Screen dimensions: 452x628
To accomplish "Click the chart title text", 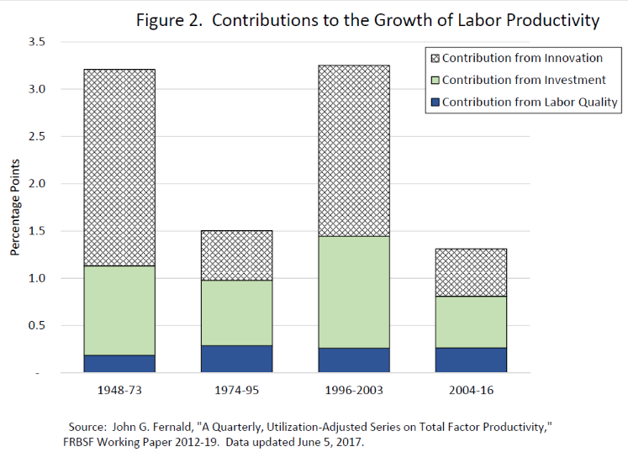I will pyautogui.click(x=367, y=20).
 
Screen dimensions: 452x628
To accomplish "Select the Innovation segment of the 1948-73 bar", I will pyautogui.click(x=119, y=167).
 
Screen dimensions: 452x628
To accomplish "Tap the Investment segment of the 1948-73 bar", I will pyautogui.click(x=119, y=310).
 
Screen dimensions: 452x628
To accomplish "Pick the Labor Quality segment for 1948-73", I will pyautogui.click(x=119, y=364).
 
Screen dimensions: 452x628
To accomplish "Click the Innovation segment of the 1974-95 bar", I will pyautogui.click(x=236, y=255).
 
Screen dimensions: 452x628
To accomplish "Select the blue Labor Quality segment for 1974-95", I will pyautogui.click(x=236, y=359).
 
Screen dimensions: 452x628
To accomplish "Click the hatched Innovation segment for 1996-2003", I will pyautogui.click(x=354, y=150).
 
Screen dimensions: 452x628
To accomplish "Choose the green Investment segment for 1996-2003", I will pyautogui.click(x=354, y=292).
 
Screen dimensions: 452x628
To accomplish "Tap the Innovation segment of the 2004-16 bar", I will pyautogui.click(x=471, y=272).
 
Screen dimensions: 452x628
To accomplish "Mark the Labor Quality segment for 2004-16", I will pyautogui.click(x=471, y=360).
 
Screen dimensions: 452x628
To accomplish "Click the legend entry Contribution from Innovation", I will pyautogui.click(x=522, y=58).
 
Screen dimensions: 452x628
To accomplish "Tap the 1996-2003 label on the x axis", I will pyautogui.click(x=354, y=392).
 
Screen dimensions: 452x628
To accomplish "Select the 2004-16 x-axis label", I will pyautogui.click(x=471, y=392).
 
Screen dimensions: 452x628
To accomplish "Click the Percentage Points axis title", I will pyautogui.click(x=14, y=207).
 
